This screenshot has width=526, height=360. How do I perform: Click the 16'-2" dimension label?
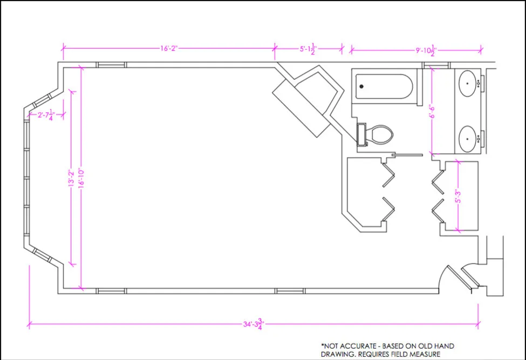[169, 49]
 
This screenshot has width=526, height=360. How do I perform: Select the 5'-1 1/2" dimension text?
[308, 49]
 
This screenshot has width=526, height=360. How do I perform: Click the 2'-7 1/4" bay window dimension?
[46, 115]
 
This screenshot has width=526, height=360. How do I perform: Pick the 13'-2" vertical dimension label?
[71, 178]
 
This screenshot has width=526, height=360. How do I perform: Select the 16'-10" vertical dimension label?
[81, 178]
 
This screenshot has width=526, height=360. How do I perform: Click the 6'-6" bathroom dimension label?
[432, 111]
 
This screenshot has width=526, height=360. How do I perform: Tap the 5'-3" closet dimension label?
[458, 196]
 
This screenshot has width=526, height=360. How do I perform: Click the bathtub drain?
[361, 86]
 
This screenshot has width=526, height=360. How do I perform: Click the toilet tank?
[361, 135]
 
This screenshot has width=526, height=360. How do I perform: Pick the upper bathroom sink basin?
[467, 84]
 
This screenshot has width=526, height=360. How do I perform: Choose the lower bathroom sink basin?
[467, 139]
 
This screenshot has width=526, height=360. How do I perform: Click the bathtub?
[384, 86]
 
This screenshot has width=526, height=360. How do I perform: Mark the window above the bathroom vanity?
[436, 65]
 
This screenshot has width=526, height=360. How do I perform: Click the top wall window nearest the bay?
[111, 65]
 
